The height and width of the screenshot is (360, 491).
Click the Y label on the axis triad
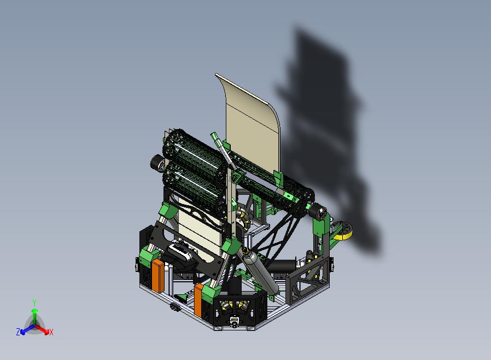(34, 303)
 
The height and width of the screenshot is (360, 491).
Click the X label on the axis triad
(51, 332)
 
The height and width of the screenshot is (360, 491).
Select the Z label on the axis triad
(18, 332)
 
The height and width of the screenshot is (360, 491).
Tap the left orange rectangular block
(158, 276)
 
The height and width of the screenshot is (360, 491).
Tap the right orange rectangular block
(198, 299)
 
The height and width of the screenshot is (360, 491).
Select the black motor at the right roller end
(318, 212)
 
